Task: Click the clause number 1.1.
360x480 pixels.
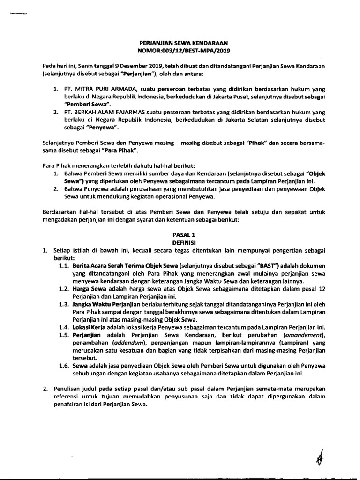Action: pos(64,265)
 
